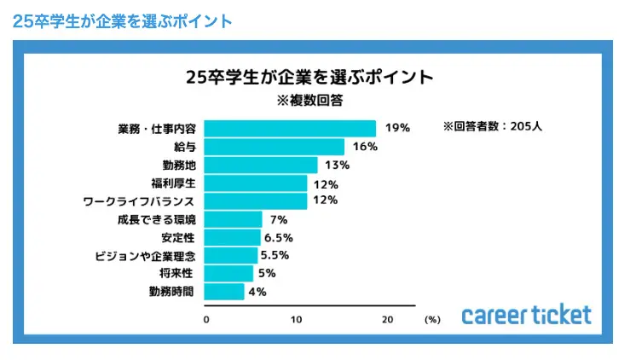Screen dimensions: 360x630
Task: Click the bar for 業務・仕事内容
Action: click(290, 129)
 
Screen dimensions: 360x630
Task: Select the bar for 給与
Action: click(275, 147)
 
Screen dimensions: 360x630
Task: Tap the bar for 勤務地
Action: click(262, 165)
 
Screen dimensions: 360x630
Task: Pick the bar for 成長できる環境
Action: click(234, 219)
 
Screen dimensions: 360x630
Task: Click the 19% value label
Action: click(397, 128)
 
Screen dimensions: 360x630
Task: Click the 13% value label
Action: click(338, 165)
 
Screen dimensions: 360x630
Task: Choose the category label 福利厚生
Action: click(173, 183)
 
